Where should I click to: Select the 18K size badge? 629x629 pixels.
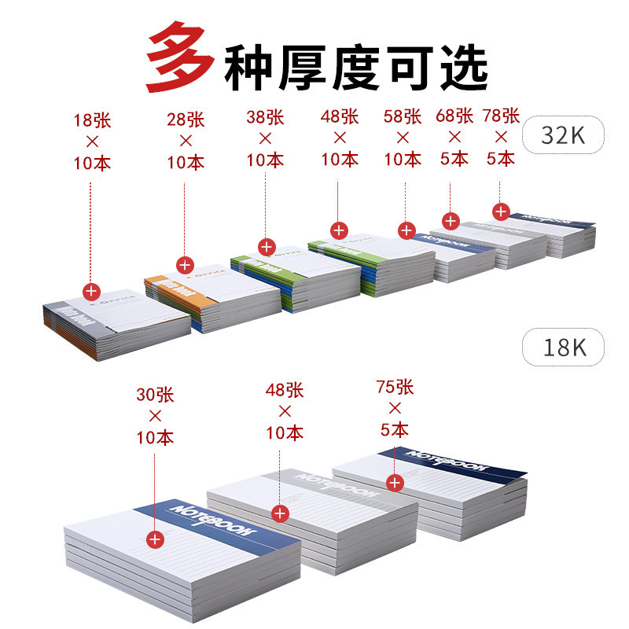565,347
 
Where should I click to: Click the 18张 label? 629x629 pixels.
92,121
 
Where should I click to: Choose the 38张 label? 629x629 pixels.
265,117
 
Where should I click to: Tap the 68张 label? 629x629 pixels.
454,116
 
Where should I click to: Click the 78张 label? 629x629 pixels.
501,116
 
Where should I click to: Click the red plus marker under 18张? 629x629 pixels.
92,291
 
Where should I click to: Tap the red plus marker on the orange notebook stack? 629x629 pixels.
186,265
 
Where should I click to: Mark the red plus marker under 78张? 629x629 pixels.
500,212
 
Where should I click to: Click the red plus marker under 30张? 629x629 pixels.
155,539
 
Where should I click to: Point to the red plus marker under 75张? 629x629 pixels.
395,481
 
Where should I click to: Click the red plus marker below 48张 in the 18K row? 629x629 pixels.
280,513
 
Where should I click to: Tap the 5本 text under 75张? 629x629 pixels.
395,429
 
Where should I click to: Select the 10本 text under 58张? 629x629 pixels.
403,159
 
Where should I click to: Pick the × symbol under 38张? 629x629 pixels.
265,138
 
